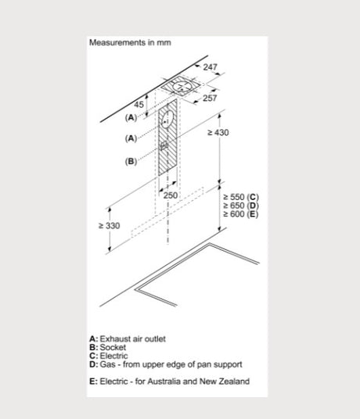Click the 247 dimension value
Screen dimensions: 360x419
tap(210, 66)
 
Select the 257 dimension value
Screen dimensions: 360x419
tap(210, 98)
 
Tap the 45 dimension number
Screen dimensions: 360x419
tap(139, 105)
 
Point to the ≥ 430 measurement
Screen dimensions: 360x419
tap(218, 132)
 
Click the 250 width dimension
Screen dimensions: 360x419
tap(171, 195)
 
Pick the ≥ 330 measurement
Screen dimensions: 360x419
tap(109, 226)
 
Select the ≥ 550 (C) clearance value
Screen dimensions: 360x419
tap(241, 197)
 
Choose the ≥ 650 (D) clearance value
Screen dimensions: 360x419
tap(241, 206)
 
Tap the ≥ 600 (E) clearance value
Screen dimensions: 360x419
tap(241, 214)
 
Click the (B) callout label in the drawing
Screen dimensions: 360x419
tap(131, 161)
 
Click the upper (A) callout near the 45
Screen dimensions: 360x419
tap(131, 117)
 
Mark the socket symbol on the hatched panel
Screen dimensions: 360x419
tap(164, 146)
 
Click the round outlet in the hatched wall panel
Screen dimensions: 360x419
tap(167, 119)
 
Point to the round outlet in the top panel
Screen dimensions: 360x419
tap(181, 86)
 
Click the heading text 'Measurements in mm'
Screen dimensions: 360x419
tap(130, 42)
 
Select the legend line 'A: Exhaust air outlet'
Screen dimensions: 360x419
tap(128, 338)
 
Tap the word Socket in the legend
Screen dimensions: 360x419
tap(113, 347)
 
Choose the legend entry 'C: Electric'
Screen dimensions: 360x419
tap(109, 356)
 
